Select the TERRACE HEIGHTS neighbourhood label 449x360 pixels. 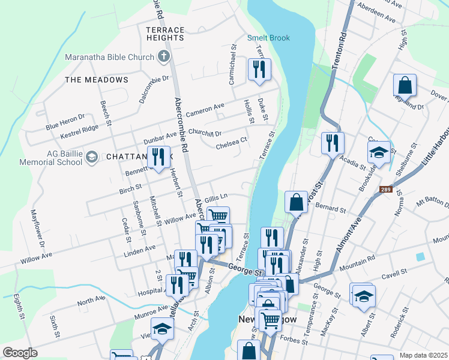pos(165,33)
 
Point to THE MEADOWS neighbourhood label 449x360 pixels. pos(96,80)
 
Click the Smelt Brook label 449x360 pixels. pos(268,38)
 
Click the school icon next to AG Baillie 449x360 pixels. pos(91,157)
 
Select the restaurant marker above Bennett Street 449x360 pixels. pos(158,157)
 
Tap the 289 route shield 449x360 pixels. pos(385,190)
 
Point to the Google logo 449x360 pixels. pos(20,352)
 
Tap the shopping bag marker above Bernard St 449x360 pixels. pos(297,202)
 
